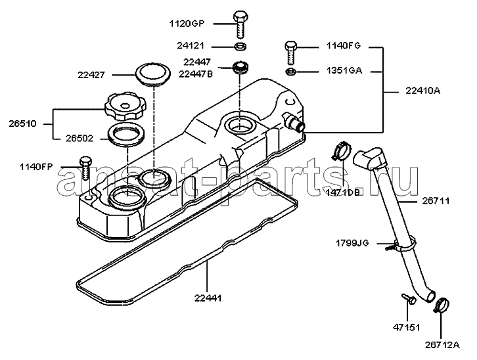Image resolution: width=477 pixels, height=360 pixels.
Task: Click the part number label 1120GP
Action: point(187,24)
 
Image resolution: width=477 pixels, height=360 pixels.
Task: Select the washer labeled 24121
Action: point(240,47)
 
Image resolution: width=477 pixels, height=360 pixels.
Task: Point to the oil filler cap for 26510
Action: point(125,107)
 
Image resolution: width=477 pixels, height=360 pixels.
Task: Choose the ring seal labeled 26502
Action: point(127,135)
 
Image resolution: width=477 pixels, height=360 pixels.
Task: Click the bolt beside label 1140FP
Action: point(85,168)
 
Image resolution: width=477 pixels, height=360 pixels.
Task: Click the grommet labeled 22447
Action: point(240,68)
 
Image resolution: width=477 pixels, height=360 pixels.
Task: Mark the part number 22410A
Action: point(422,91)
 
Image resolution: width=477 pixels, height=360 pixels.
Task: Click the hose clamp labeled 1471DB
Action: point(342,150)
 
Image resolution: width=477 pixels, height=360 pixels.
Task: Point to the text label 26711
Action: point(436,201)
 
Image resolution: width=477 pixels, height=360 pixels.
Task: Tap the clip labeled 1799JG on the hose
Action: point(401,246)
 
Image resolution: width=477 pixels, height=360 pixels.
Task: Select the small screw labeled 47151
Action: point(407,298)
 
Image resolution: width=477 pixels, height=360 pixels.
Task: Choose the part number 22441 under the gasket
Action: point(208,298)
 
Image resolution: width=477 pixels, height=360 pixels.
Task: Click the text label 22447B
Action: point(196,74)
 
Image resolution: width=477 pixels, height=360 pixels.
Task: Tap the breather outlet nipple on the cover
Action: point(293,122)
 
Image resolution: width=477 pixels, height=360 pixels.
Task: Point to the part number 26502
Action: point(79,139)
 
